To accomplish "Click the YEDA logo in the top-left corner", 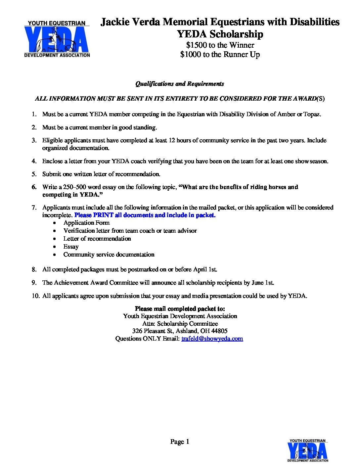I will (57, 39).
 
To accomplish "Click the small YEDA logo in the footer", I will (308, 450).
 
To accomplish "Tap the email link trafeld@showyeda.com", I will (212, 339).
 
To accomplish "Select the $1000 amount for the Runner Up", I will (190, 54).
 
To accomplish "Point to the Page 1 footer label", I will (180, 442).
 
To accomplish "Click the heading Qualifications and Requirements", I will (180, 84).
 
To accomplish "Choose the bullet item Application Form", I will (86, 223).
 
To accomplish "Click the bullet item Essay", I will (71, 247).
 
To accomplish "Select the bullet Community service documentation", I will (109, 255).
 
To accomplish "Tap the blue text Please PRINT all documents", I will (145, 215).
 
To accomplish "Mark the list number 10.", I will (35, 296).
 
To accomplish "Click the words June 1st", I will (263, 283).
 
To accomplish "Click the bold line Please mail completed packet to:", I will (180, 309).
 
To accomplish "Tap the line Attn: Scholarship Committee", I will (180, 324).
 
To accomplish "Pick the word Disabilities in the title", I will (315, 22).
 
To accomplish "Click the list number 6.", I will (34, 187).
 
